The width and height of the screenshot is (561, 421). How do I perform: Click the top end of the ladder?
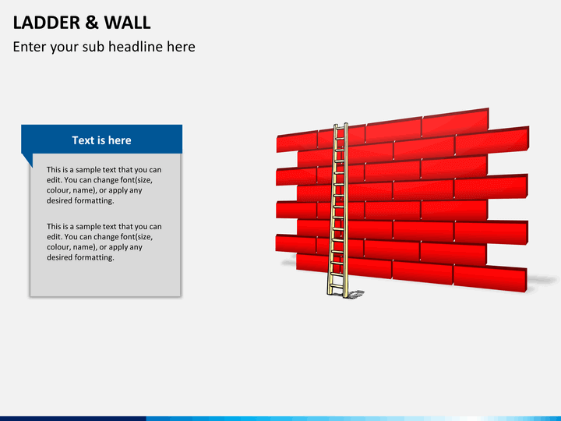(x=340, y=126)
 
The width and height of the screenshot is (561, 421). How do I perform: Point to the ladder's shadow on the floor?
(x=354, y=295)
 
